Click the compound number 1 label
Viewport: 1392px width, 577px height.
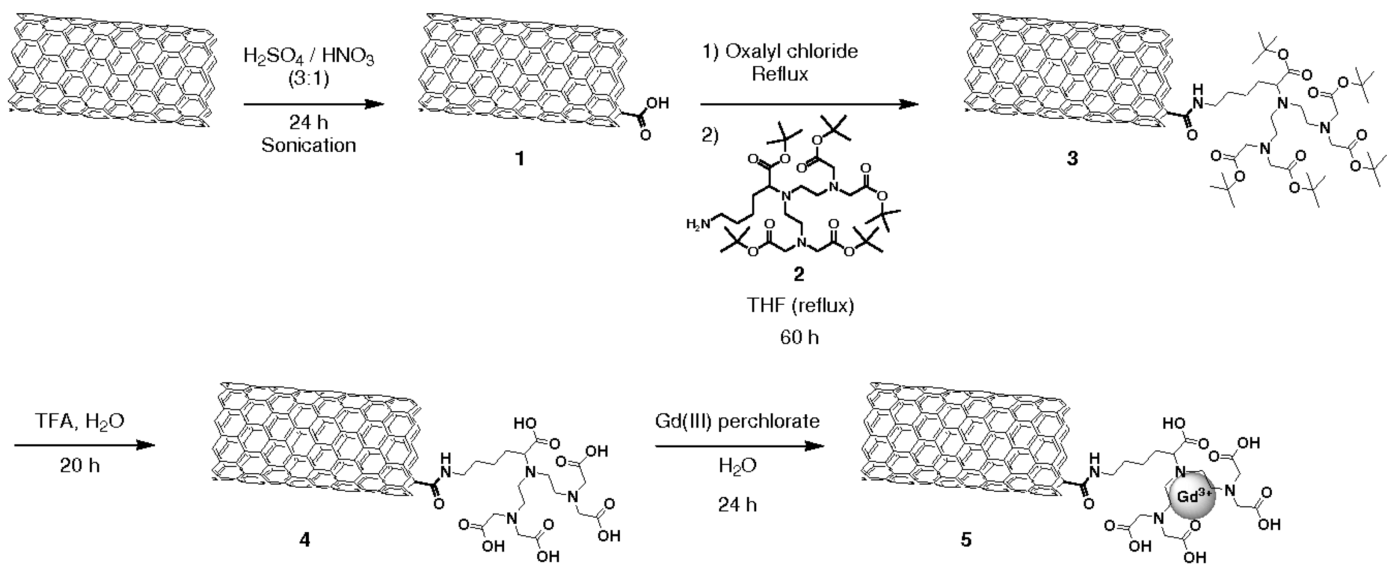pos(520,159)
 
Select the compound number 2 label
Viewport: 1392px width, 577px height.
pos(799,274)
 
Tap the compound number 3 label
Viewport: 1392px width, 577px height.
pos(1072,159)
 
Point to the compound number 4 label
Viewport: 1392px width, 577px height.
pos(305,540)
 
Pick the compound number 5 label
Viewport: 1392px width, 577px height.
pos(966,540)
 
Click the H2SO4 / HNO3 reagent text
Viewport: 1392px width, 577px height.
pos(308,56)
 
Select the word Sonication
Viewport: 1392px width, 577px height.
pos(308,145)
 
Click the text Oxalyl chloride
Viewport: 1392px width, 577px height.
pos(791,51)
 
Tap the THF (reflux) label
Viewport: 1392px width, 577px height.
pos(800,306)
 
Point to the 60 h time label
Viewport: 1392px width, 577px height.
pos(799,338)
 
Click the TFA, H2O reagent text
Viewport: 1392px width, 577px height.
pos(80,421)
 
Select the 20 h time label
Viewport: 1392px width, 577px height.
pos(80,466)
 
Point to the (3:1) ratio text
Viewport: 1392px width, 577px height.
pos(308,79)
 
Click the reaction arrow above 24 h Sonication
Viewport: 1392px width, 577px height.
pos(313,104)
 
